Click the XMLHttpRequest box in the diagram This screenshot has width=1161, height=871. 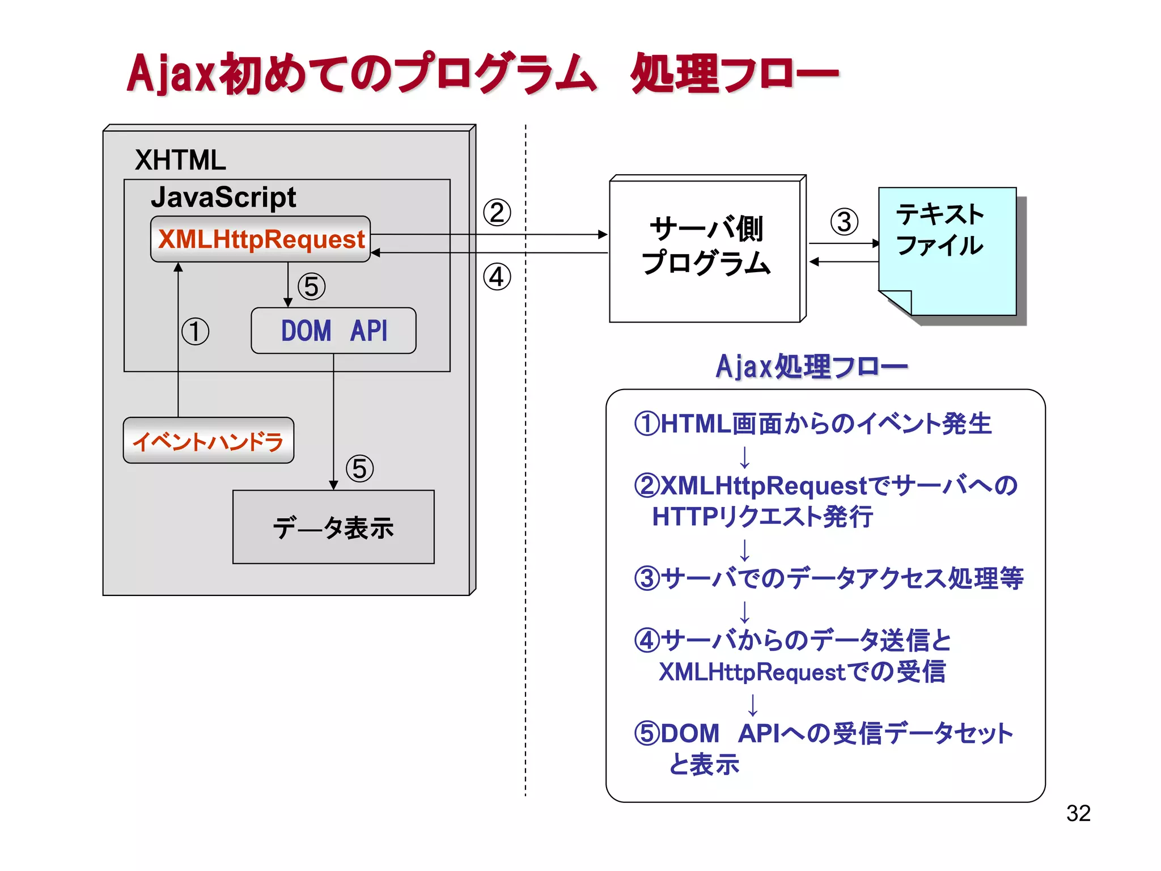point(260,239)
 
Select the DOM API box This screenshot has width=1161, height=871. point(333,331)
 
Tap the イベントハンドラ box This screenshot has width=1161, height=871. point(208,441)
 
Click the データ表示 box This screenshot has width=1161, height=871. point(333,527)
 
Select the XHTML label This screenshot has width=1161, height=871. point(180,160)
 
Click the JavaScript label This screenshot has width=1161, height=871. point(223,197)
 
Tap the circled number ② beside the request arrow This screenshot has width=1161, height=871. point(497,213)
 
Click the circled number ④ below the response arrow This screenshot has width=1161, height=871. point(497,277)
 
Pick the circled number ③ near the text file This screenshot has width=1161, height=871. point(844,222)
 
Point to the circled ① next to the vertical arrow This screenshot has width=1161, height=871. point(196,332)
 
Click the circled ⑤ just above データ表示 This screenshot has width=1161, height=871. point(360,469)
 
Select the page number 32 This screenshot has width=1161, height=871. point(1078,813)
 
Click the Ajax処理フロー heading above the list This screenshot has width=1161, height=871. point(811,366)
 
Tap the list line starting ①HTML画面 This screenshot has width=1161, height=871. point(812,424)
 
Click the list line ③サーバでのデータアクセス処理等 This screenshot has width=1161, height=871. point(828,578)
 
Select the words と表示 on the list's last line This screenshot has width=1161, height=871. point(704,764)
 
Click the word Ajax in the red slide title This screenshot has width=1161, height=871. point(171,74)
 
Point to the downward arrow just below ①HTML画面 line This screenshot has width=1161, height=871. point(745,457)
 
